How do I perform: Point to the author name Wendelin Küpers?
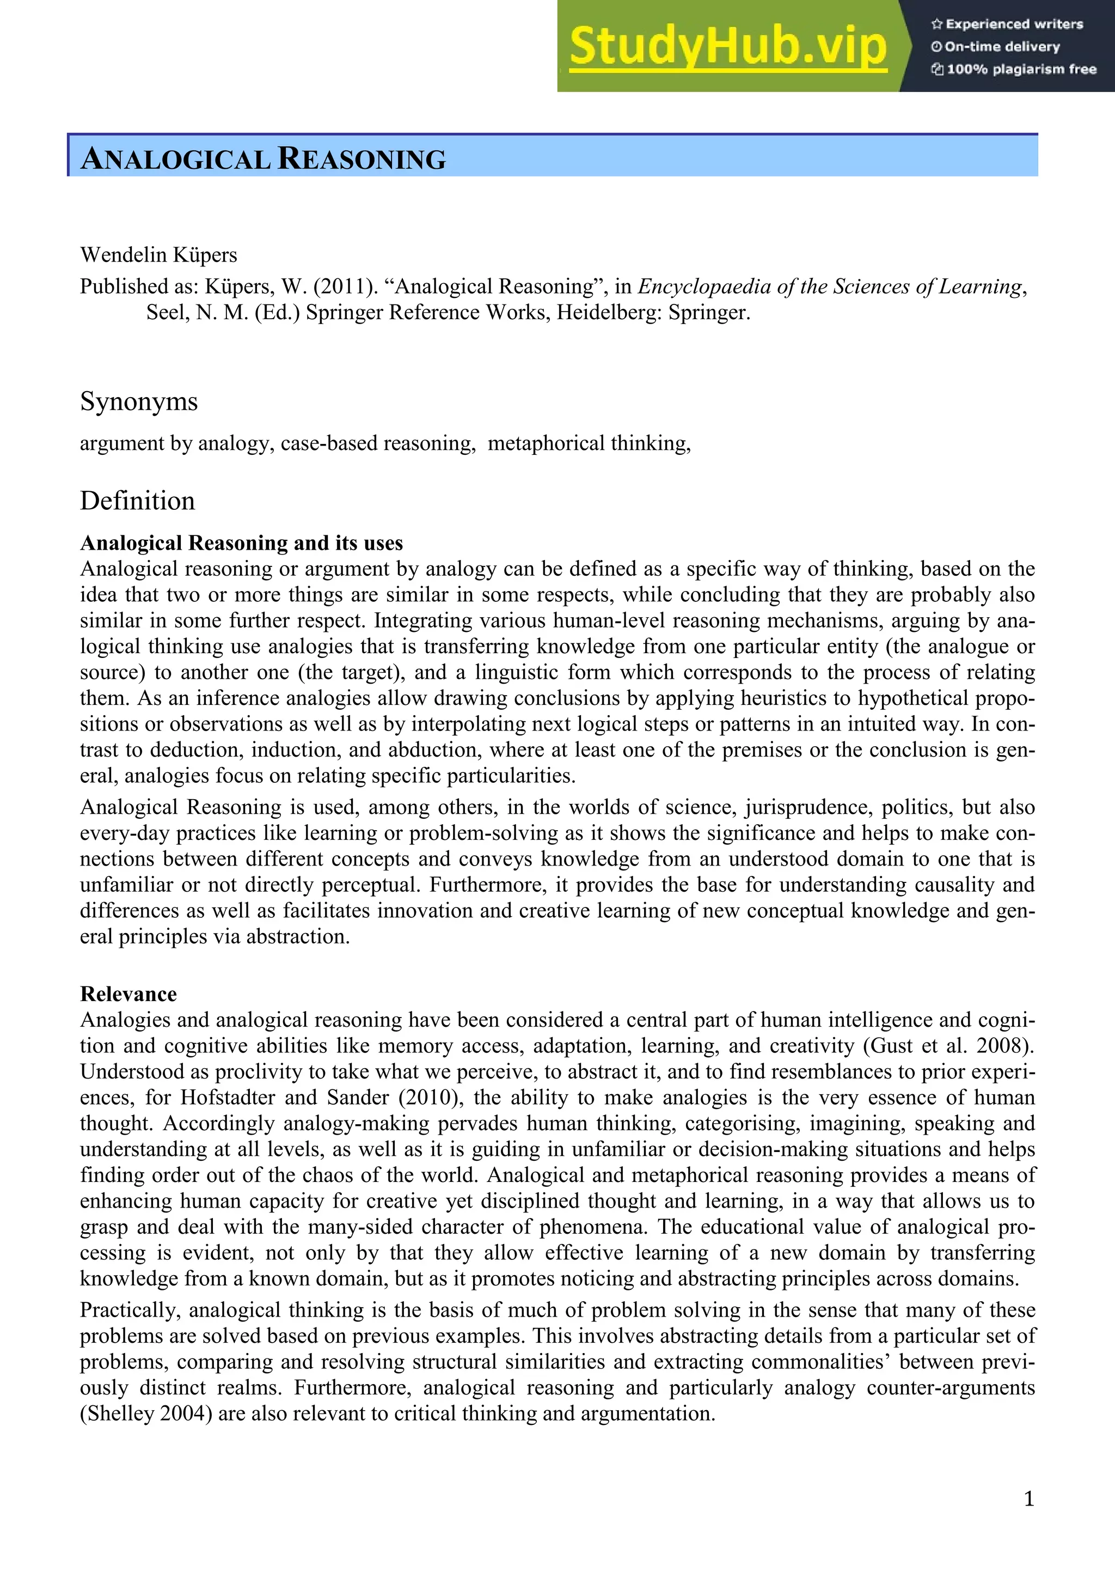(x=158, y=255)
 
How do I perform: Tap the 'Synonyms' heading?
(x=139, y=401)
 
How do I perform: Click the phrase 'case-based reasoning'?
(x=378, y=443)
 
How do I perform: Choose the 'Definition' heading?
(x=137, y=501)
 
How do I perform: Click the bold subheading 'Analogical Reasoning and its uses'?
(x=242, y=543)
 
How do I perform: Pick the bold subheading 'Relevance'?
(x=128, y=994)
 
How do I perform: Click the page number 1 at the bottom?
(x=1028, y=1499)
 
